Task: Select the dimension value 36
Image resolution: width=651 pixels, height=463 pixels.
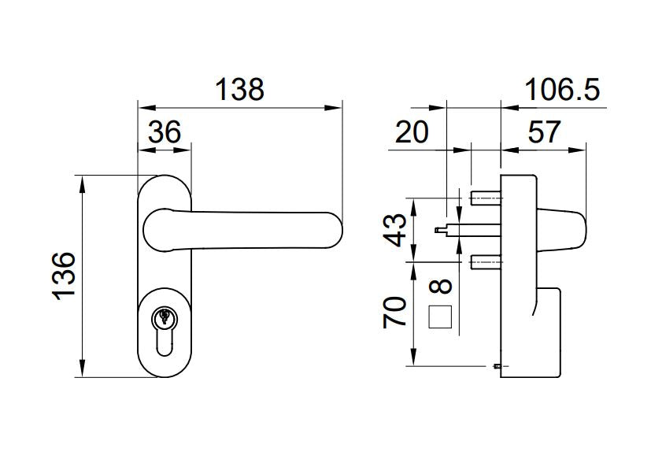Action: coord(165,131)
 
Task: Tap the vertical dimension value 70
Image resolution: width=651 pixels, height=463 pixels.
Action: coord(398,312)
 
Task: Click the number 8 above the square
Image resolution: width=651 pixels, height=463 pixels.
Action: coord(440,288)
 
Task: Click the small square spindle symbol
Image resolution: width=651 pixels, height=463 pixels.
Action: coord(440,317)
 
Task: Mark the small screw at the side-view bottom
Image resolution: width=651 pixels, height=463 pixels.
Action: coord(497,366)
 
